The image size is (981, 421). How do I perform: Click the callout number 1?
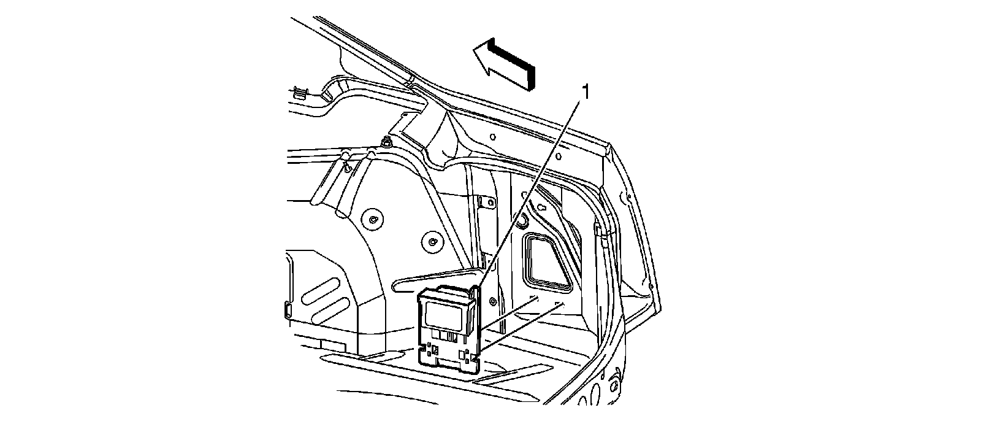point(586,93)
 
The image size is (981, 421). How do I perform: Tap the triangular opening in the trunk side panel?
point(546,261)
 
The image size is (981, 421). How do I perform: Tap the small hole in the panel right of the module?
point(492,300)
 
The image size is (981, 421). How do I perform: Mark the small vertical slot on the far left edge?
point(287,309)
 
